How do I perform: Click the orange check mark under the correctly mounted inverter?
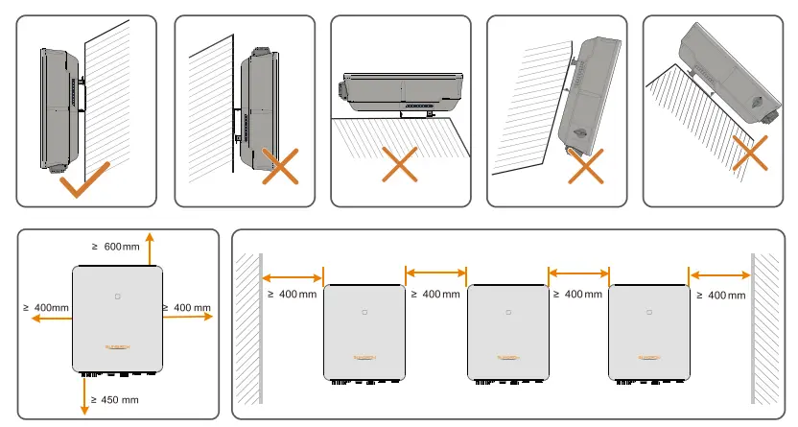coord(83,178)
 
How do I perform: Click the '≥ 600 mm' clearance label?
coord(115,247)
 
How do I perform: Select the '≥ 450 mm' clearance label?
coord(114,399)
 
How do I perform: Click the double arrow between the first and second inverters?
coord(435,274)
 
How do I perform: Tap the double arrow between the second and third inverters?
coord(578,274)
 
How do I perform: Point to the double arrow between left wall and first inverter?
coord(293,274)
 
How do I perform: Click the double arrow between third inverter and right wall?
coord(719,274)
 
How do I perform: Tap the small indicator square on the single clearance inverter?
coord(116,297)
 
